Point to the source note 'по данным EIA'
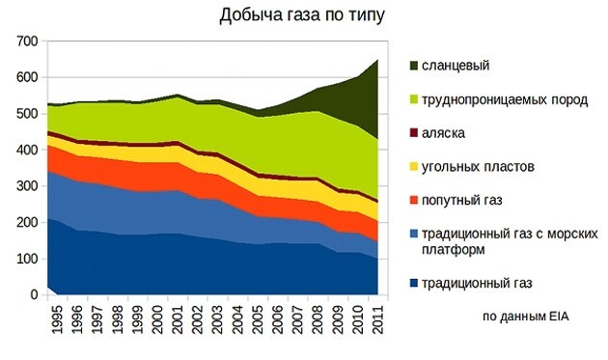click(x=524, y=316)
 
